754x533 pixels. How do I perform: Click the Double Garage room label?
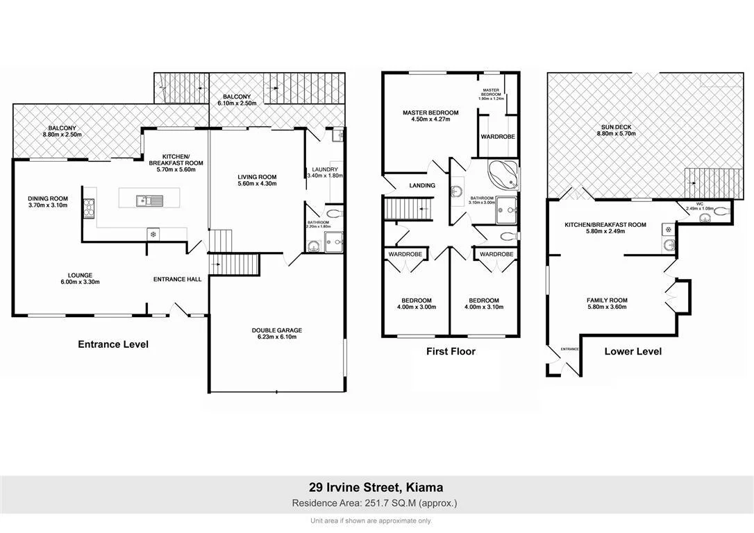(277, 333)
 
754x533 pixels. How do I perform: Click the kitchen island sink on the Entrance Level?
(150, 201)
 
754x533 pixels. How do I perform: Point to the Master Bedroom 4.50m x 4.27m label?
(430, 116)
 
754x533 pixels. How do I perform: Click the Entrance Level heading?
(113, 344)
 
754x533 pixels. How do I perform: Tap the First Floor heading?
(451, 351)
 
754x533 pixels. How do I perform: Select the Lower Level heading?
(632, 351)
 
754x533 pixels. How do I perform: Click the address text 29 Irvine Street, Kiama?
(376, 488)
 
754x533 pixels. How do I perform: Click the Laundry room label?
(324, 172)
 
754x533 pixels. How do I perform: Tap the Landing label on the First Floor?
(422, 185)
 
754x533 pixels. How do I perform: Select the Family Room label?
(607, 303)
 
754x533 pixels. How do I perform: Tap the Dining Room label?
(48, 201)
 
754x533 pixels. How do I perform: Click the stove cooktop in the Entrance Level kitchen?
(89, 208)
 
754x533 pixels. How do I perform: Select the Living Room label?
(257, 180)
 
